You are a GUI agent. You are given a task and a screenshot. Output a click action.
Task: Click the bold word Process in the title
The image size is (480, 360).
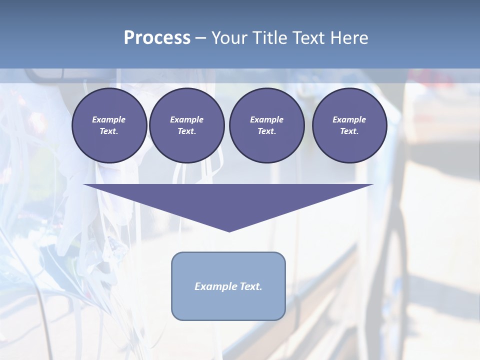(157, 38)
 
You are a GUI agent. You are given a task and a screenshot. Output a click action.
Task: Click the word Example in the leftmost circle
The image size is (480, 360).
(109, 119)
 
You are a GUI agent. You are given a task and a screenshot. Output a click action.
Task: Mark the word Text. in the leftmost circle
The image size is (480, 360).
(109, 131)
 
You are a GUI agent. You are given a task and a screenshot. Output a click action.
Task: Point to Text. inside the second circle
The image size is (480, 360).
(186, 131)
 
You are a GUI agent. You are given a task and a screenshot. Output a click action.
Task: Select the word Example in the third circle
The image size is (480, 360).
(266, 119)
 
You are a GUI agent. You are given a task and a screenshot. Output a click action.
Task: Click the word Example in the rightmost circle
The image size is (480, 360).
(349, 119)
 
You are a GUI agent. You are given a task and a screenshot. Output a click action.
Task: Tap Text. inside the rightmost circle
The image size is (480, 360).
(349, 131)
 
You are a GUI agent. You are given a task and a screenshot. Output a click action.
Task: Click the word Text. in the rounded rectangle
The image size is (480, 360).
(250, 286)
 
